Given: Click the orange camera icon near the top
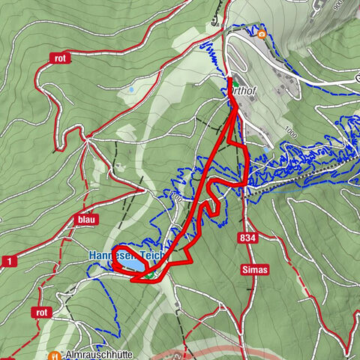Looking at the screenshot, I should tap(261, 34).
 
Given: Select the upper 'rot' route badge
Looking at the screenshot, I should tap(61, 58).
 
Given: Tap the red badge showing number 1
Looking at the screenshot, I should tap(8, 260).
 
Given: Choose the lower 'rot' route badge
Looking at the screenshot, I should tap(42, 312).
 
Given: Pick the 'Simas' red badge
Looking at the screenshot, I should tap(256, 268).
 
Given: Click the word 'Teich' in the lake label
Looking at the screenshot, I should tap(156, 256).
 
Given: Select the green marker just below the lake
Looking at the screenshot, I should tap(149, 275).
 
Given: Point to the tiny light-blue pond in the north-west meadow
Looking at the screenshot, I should tap(131, 89).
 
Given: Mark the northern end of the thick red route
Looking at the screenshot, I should tap(229, 77).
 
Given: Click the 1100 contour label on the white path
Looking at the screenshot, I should tap(176, 196).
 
